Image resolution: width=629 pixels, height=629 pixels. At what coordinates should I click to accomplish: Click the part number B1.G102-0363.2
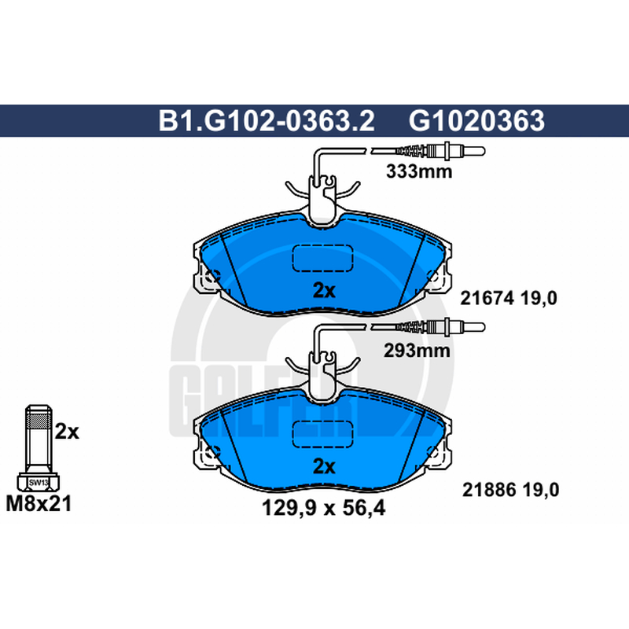pos(267,120)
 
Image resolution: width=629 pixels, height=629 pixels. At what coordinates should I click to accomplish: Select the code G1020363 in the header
pos(476,120)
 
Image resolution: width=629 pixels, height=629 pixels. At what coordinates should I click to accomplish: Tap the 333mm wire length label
pos(419,171)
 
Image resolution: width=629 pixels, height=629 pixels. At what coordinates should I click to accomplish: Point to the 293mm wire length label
pos(417,351)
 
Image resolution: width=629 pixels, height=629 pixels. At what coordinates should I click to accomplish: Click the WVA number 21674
pos(487,298)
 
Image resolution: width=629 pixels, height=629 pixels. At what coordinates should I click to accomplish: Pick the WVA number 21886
pos(489,490)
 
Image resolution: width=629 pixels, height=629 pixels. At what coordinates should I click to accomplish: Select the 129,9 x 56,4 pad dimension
pos(323,508)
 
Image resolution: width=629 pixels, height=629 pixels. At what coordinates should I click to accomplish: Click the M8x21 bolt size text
pos(39,503)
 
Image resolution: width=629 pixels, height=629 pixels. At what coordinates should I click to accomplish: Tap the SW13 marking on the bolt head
pos(39,483)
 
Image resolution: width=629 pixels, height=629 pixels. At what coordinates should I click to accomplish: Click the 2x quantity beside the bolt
pos(67,432)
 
